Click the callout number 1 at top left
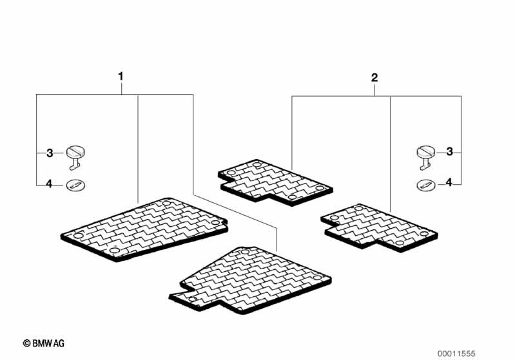121,77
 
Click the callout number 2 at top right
374,78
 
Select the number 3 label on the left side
50,153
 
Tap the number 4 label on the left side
49,184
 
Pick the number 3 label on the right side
449,151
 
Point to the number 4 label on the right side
449,182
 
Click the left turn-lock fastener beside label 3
75,158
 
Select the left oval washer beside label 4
75,185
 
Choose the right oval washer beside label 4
426,185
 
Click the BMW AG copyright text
44,344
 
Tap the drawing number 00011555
456,354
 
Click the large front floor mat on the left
144,229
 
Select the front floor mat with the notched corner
249,279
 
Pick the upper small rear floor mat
275,182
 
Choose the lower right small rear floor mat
379,228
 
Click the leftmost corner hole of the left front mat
78,236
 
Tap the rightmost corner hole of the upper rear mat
320,187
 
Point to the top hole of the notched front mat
245,252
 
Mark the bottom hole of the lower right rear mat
400,243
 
